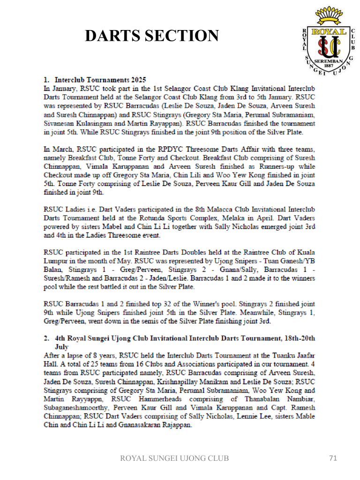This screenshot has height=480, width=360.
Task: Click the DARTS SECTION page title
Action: [x=151, y=36]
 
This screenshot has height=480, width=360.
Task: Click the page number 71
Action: [x=333, y=458]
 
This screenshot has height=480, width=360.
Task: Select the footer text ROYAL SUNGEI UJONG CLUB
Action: [x=175, y=458]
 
